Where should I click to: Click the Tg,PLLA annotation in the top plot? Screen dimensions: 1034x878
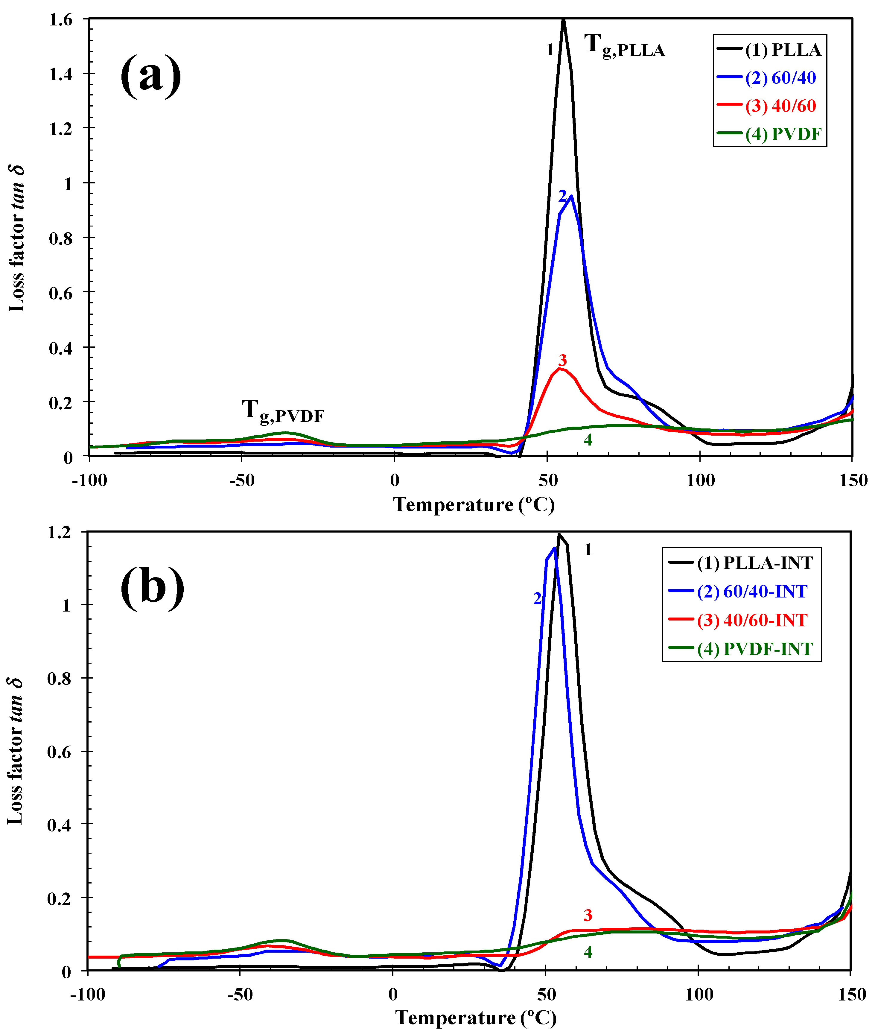[624, 46]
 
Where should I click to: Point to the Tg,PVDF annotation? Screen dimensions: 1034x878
[283, 411]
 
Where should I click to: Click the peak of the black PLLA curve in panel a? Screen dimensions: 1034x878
[563, 20]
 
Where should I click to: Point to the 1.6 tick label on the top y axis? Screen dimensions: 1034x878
[61, 20]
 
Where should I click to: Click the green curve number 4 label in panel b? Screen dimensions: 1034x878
[588, 952]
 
